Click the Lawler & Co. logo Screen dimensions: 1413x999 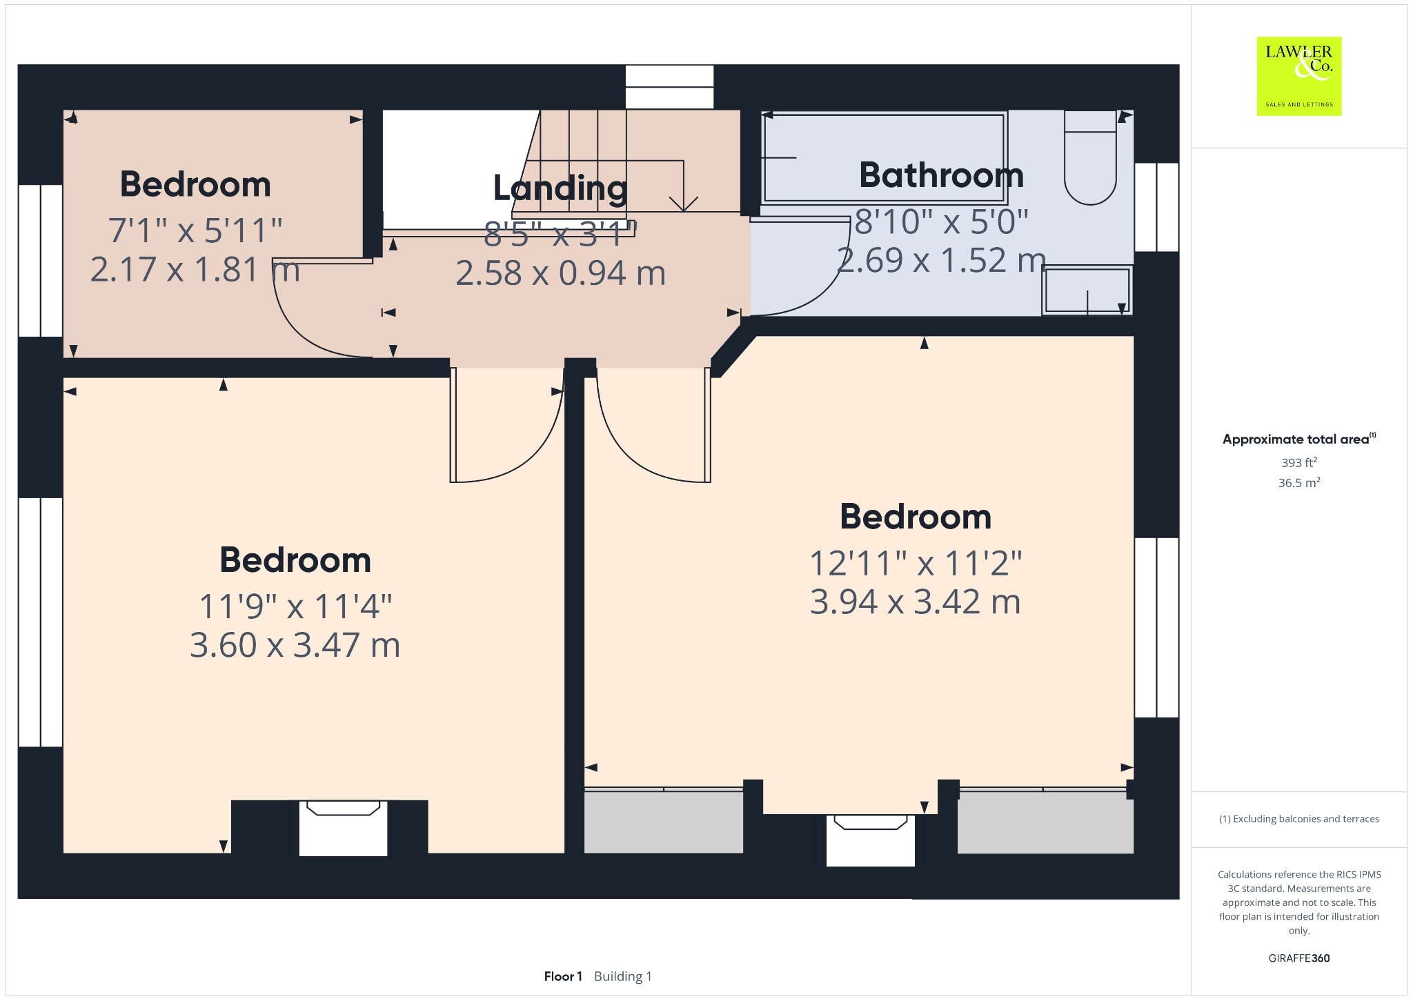click(x=1299, y=76)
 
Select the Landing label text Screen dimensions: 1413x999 click(x=560, y=188)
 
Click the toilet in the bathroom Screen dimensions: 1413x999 click(x=1090, y=158)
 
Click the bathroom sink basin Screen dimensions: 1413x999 click(x=1087, y=290)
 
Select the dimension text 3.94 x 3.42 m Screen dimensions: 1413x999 click(x=915, y=602)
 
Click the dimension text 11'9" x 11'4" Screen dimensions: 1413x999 click(x=295, y=606)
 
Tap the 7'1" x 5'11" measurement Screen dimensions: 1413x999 click(x=195, y=230)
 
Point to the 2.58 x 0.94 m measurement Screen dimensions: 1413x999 click(x=560, y=273)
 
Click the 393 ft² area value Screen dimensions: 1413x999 click(x=1299, y=462)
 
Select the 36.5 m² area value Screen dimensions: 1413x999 click(x=1299, y=482)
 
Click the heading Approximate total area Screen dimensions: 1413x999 click(x=1298, y=439)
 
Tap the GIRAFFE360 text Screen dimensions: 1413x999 click(x=1299, y=958)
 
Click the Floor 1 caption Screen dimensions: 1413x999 click(x=563, y=976)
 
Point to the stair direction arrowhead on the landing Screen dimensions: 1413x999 click(x=684, y=204)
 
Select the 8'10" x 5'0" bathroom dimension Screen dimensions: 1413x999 click(x=941, y=221)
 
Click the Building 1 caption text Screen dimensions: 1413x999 click(x=622, y=976)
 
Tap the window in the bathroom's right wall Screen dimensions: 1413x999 click(x=1156, y=207)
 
